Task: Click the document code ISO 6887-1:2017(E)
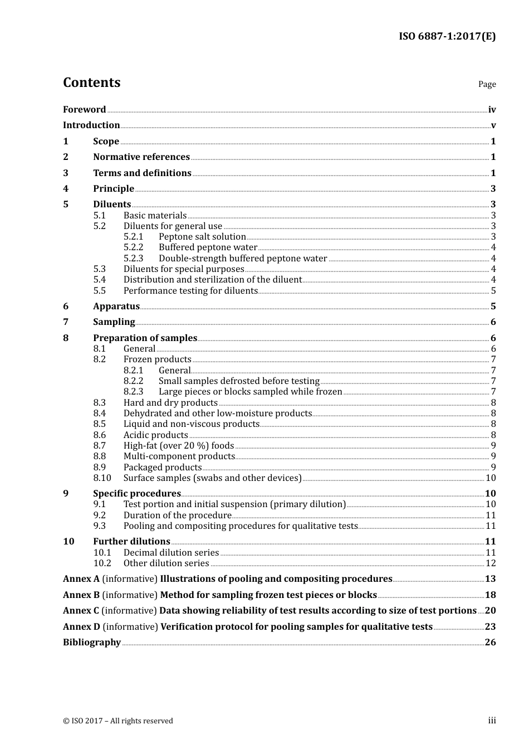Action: pyautogui.click(x=447, y=36)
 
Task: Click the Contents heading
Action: pyautogui.click(x=91, y=82)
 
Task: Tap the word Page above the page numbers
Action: pyautogui.click(x=487, y=84)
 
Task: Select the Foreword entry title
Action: pyautogui.click(x=84, y=109)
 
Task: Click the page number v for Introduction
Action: pyautogui.click(x=493, y=125)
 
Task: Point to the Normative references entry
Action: pyautogui.click(x=141, y=157)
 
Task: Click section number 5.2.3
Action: pyautogui.click(x=133, y=258)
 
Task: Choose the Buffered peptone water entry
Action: pyautogui.click(x=208, y=247)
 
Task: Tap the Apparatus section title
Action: pyautogui.click(x=116, y=306)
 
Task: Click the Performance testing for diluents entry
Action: pyautogui.click(x=190, y=290)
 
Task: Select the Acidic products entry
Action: pyautogui.click(x=155, y=435)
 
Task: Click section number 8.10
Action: pyautogui.click(x=102, y=478)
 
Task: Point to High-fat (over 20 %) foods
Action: pyautogui.click(x=179, y=445)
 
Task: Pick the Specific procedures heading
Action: pyautogui.click(x=137, y=493)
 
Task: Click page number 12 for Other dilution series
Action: pyautogui.click(x=491, y=563)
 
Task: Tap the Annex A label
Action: pyautogui.click(x=81, y=579)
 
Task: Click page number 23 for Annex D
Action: pyautogui.click(x=490, y=626)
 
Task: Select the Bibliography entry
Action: pyautogui.click(x=92, y=642)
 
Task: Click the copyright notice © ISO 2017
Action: pyautogui.click(x=118, y=721)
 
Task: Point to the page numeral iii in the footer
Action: pyautogui.click(x=492, y=721)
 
